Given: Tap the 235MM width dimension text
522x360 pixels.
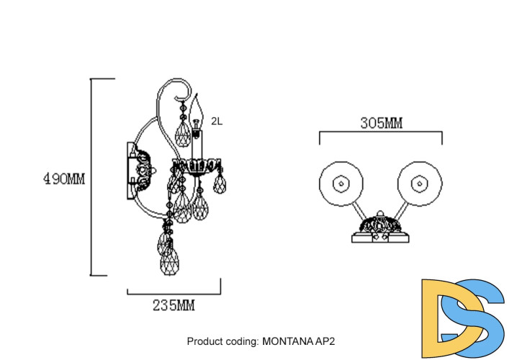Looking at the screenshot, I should [174, 305].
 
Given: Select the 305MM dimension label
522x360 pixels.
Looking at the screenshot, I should [381, 122].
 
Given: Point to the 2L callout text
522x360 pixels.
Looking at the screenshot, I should [217, 122].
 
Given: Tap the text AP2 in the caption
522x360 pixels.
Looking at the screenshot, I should [325, 341].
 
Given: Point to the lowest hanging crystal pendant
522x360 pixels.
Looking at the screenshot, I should [170, 261].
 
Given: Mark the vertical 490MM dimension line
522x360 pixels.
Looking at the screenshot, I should [91, 176].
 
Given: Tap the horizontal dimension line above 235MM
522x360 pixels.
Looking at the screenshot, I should [174, 292].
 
